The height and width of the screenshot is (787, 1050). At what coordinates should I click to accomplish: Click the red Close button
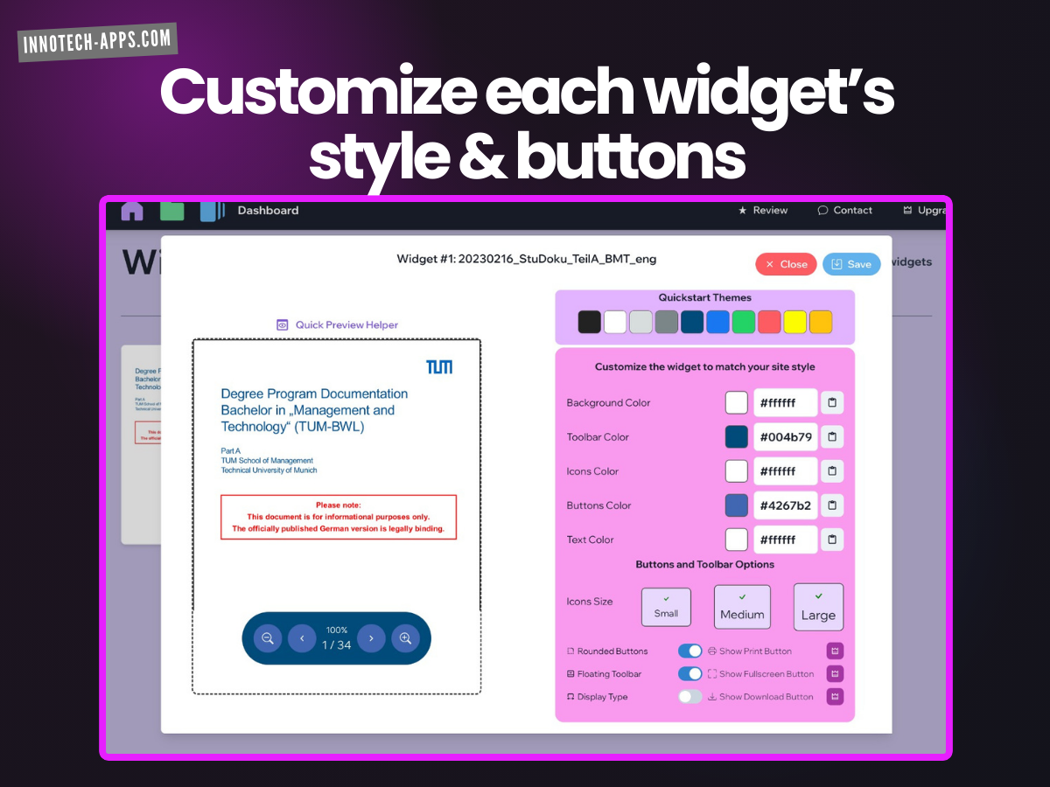786,264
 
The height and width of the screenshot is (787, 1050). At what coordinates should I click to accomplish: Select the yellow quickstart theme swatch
794,322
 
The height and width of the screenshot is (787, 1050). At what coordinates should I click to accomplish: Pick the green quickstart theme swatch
744,322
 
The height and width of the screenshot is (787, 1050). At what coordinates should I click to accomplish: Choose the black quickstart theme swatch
590,322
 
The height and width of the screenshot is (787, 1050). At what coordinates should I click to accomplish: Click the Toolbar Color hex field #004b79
785,437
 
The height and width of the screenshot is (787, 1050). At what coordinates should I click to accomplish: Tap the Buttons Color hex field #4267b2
785,505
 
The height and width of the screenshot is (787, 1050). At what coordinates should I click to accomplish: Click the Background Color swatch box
737,403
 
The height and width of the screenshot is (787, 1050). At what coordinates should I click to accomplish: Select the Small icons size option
666,607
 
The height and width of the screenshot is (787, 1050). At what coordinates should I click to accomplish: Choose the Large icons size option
818,607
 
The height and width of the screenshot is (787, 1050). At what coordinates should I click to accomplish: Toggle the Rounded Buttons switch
690,651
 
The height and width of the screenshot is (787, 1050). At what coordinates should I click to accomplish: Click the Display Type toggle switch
690,697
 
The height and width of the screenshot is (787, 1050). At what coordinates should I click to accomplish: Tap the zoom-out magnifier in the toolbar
268,638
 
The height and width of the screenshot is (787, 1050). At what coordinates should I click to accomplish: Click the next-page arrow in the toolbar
371,638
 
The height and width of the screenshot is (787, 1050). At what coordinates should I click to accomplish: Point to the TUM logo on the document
439,366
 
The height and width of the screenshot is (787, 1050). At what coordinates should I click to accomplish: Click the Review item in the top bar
763,211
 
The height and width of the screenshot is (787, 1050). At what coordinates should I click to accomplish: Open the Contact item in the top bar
845,211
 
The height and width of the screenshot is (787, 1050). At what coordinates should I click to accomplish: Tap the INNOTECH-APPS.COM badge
97,42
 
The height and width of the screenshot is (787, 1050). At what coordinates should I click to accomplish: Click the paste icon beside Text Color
832,540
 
